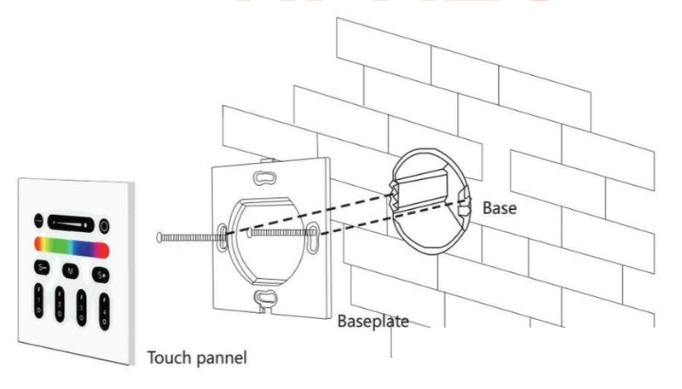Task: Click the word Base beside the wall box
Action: (x=500, y=207)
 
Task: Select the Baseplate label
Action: (x=373, y=322)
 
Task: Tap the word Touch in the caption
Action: (x=167, y=357)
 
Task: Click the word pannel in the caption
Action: (x=219, y=357)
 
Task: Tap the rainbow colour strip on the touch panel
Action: (x=72, y=247)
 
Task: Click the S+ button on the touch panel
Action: (x=101, y=275)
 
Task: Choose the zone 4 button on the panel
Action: (x=104, y=306)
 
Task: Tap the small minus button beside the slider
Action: (x=38, y=220)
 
